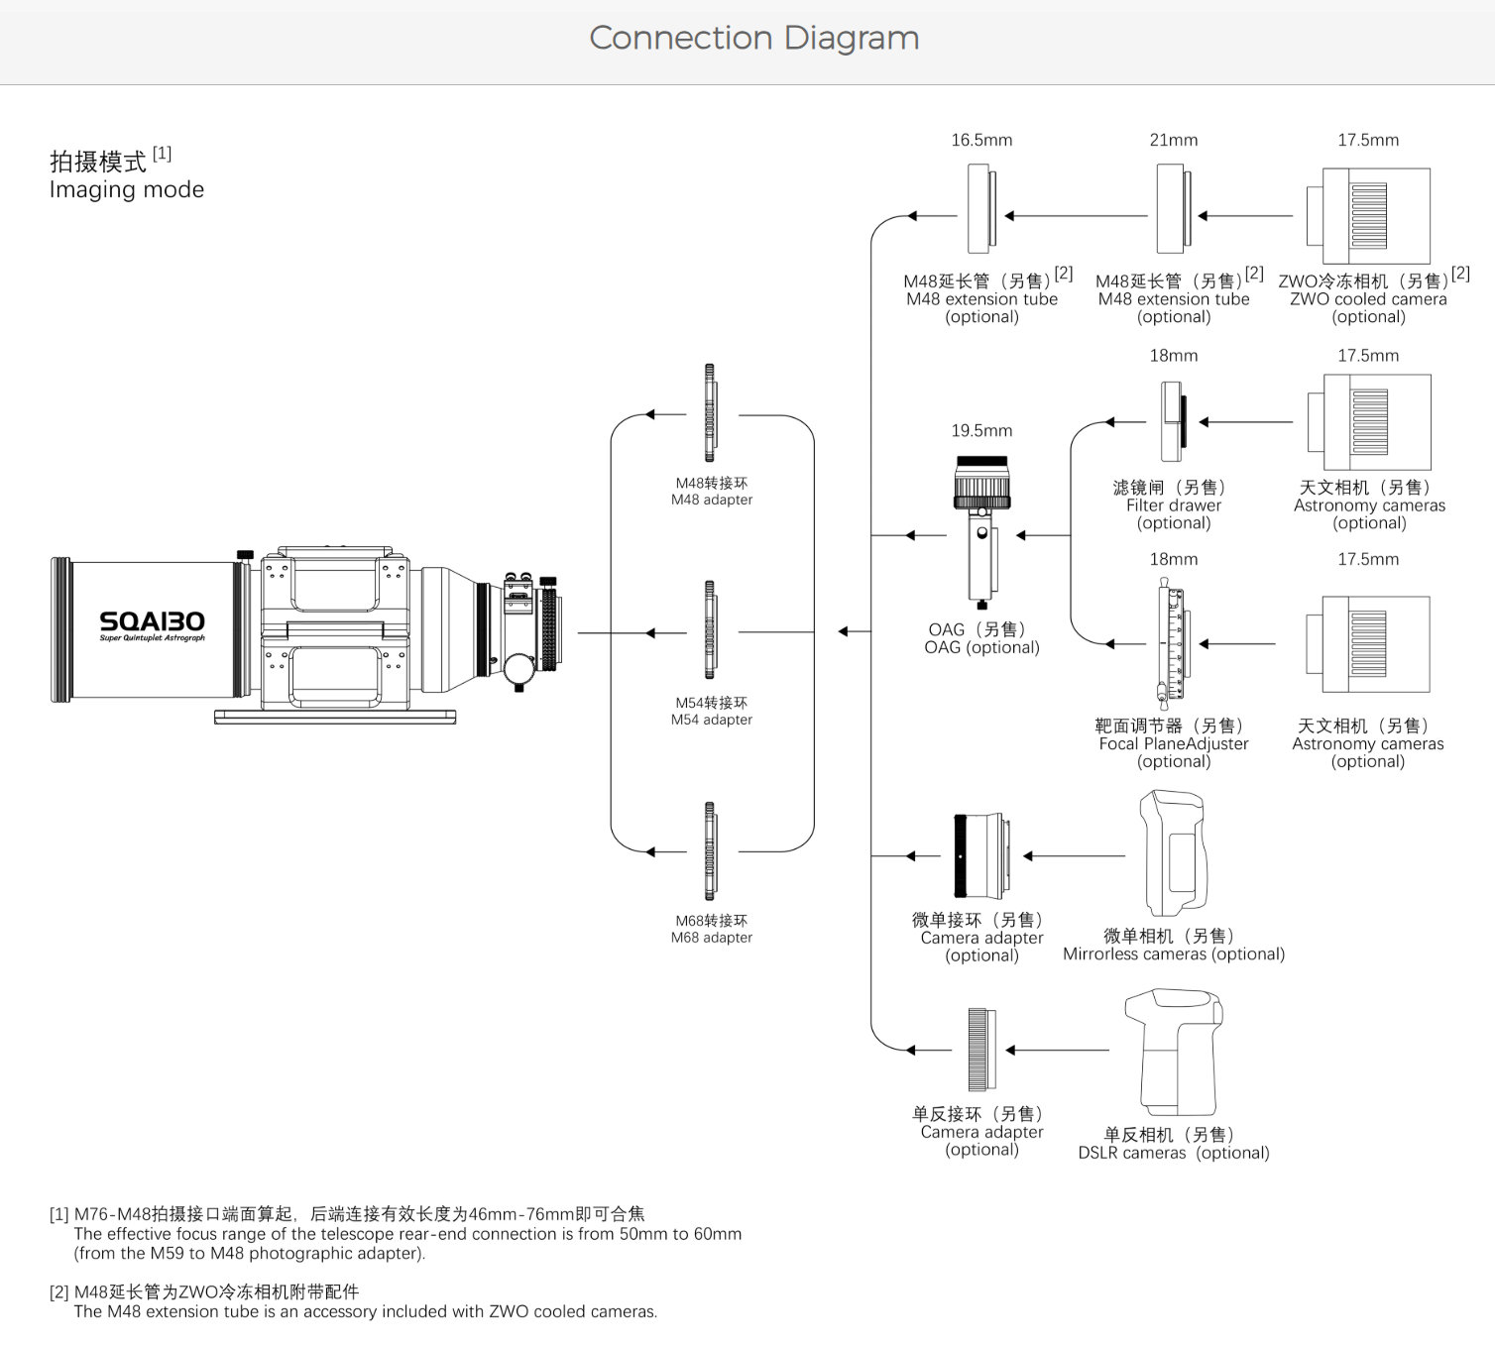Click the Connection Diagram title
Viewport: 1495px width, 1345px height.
pyautogui.click(x=753, y=38)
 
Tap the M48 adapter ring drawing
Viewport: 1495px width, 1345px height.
pyautogui.click(x=710, y=413)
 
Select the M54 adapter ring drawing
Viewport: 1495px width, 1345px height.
pyautogui.click(x=710, y=630)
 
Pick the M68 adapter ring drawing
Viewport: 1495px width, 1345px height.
pyautogui.click(x=710, y=850)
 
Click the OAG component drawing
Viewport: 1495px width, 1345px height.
pyautogui.click(x=981, y=530)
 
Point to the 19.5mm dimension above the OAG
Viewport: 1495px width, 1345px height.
pyautogui.click(x=981, y=431)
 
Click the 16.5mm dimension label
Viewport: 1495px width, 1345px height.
pyautogui.click(x=981, y=141)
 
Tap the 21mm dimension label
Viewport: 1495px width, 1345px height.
pyautogui.click(x=1174, y=141)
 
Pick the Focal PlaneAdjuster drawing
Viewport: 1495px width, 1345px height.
pyautogui.click(x=1172, y=643)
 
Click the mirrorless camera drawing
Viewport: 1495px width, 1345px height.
pyautogui.click(x=1175, y=852)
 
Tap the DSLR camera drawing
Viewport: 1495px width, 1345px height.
pyautogui.click(x=1174, y=1051)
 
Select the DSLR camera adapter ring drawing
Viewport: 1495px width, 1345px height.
pyautogui.click(x=981, y=1049)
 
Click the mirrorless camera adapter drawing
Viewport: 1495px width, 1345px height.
pyautogui.click(x=981, y=855)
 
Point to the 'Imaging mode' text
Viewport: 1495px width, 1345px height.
pyautogui.click(x=127, y=190)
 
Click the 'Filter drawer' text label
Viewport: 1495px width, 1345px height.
pyautogui.click(x=1174, y=505)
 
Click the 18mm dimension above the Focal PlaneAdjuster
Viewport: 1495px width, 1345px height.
pyautogui.click(x=1174, y=560)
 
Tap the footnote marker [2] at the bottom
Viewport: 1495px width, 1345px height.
pyautogui.click(x=59, y=1292)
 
